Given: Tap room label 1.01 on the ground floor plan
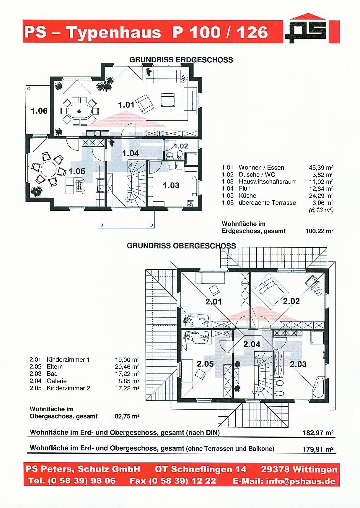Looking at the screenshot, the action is [x=126, y=105].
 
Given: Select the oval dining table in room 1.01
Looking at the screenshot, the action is [x=79, y=111].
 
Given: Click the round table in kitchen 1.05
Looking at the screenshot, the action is [x=48, y=170].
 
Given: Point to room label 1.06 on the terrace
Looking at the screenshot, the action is [x=39, y=111].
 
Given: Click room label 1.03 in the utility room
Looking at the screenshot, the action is [x=171, y=185].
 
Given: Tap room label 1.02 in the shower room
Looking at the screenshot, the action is [x=181, y=146].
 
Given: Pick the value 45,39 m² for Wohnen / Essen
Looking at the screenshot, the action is [x=321, y=168].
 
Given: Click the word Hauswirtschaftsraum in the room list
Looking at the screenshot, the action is [x=268, y=181].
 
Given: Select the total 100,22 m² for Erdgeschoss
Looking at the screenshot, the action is [x=319, y=231].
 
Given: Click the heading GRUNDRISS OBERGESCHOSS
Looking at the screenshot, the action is [x=181, y=246].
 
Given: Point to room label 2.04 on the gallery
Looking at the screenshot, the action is [x=252, y=344].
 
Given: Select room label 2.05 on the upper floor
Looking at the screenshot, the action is [x=205, y=364].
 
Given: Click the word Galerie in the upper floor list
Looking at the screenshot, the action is [x=57, y=381].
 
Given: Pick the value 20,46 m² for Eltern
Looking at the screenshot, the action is [x=127, y=367].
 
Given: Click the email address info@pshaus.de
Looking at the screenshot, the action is [x=301, y=481].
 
